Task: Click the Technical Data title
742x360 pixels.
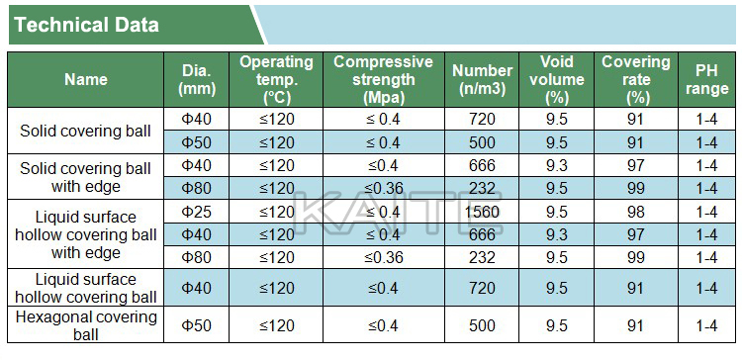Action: pyautogui.click(x=87, y=25)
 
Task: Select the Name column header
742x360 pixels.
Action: pyautogui.click(x=86, y=79)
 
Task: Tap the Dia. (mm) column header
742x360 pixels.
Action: pyautogui.click(x=197, y=79)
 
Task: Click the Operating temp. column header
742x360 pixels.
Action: pyautogui.click(x=276, y=79)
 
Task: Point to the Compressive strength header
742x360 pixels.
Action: pyautogui.click(x=383, y=79)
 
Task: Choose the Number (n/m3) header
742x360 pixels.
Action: pyautogui.click(x=482, y=79)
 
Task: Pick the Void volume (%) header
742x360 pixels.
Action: pyautogui.click(x=556, y=79)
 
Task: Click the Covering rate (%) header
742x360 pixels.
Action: pyautogui.click(x=636, y=79)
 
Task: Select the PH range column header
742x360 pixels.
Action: pyautogui.click(x=707, y=79)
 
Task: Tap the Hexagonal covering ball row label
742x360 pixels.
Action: pyautogui.click(x=86, y=325)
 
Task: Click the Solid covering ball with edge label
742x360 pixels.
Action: pyautogui.click(x=86, y=177)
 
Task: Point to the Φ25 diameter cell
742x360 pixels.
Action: pyautogui.click(x=197, y=212)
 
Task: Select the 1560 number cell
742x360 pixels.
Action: pyautogui.click(x=482, y=212)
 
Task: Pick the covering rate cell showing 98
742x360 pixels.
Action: pyautogui.click(x=635, y=212)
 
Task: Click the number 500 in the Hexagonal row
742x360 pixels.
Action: pyautogui.click(x=482, y=325)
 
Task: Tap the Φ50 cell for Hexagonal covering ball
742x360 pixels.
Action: pyautogui.click(x=197, y=325)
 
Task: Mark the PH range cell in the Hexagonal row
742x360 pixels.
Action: pyautogui.click(x=707, y=325)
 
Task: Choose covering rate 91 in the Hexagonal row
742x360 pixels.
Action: pyautogui.click(x=635, y=325)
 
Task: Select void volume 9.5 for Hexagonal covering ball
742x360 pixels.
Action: pyautogui.click(x=556, y=325)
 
